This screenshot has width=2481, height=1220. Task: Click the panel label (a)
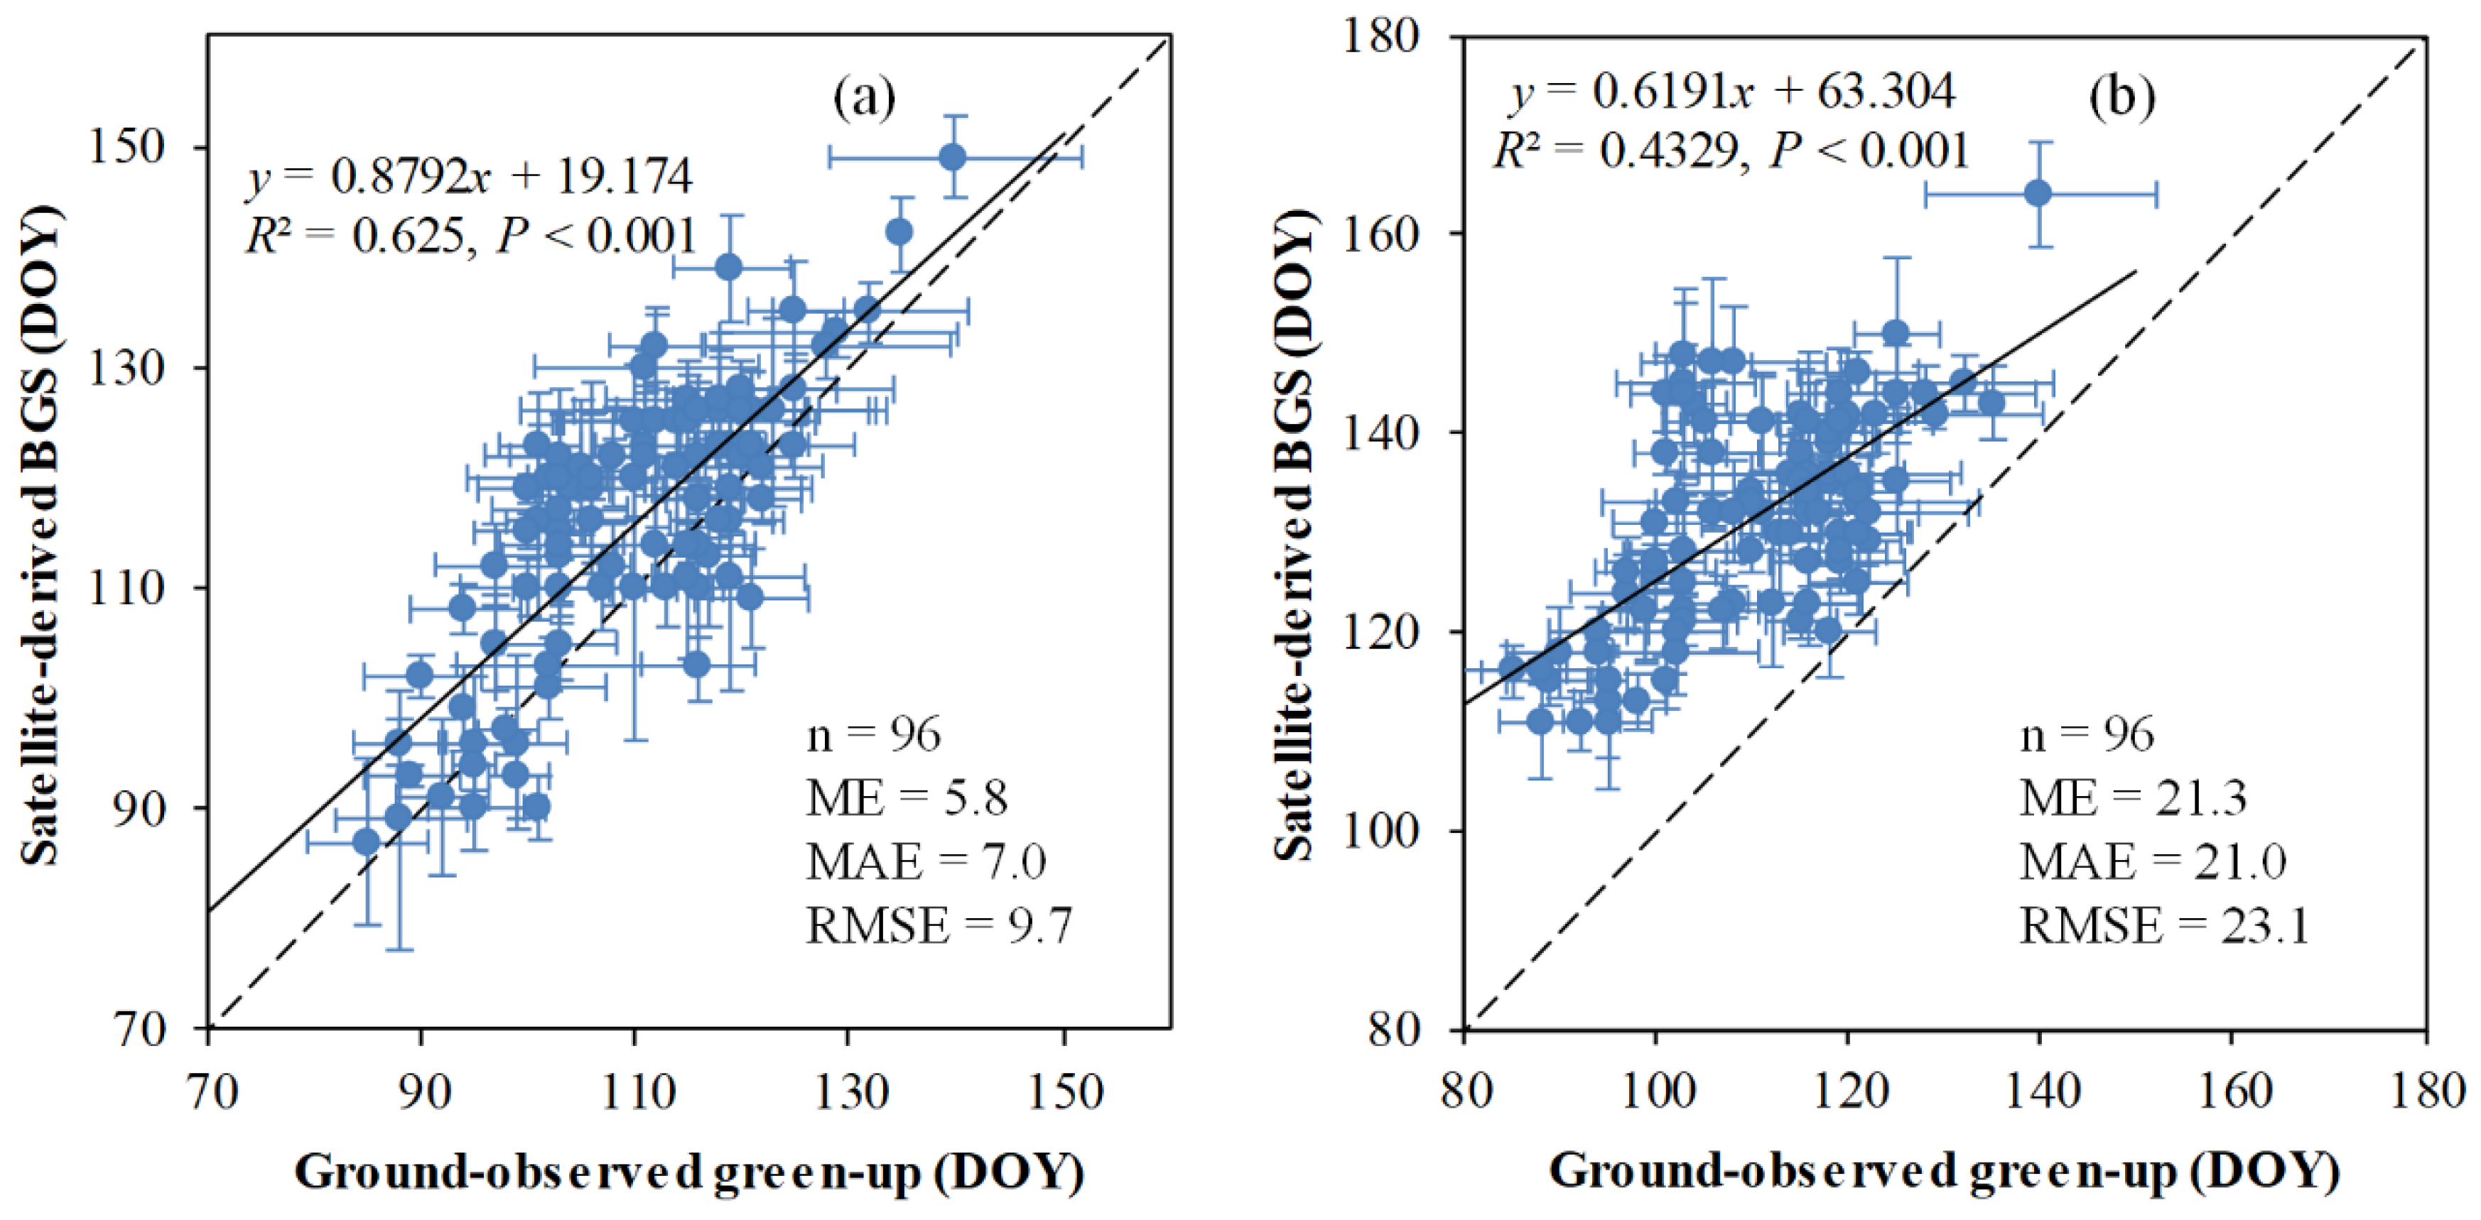(x=864, y=97)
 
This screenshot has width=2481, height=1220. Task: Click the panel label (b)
(x=2121, y=97)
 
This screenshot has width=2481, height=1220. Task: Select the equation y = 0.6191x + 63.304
(x=1731, y=92)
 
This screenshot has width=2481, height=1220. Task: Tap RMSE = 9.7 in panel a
(x=938, y=926)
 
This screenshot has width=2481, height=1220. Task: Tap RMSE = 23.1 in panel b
(x=2164, y=926)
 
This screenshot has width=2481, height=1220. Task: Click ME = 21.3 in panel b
(x=2132, y=798)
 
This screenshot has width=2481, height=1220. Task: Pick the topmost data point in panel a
(x=953, y=157)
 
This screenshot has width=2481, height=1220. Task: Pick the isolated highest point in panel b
(x=2038, y=194)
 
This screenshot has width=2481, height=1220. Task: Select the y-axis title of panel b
(x=1294, y=535)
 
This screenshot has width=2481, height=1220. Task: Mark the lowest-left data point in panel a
(x=366, y=842)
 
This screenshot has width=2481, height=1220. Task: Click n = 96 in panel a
(x=872, y=736)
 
